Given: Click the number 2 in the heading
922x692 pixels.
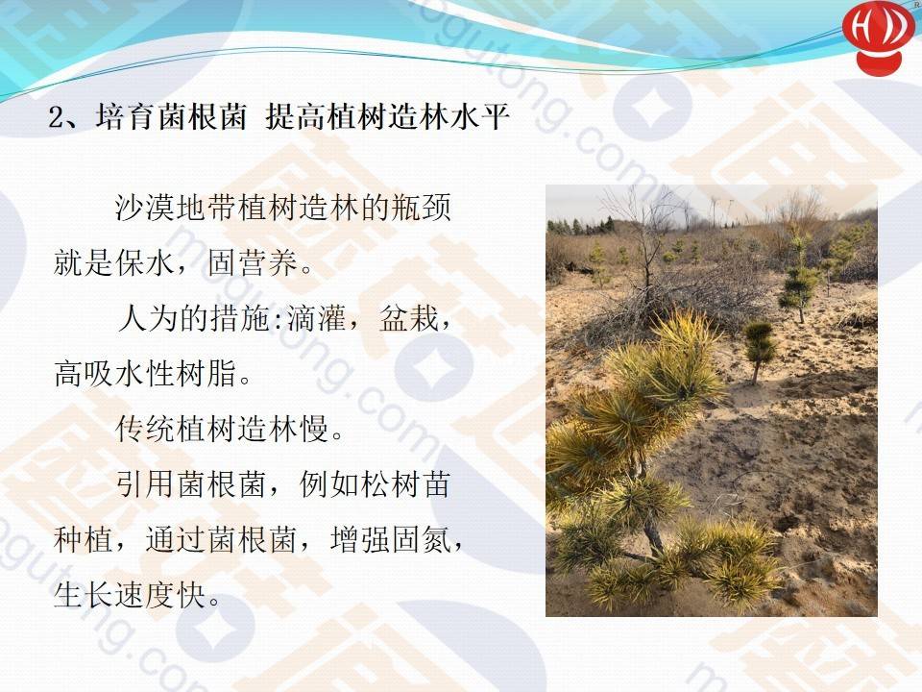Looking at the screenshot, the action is point(57,117).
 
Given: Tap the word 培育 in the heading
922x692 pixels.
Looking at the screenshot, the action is point(125,116).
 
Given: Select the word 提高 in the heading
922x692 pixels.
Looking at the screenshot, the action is point(295,116).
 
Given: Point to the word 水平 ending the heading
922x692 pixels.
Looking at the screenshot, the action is point(480,116).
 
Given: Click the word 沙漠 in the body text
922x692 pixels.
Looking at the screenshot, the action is point(145,208).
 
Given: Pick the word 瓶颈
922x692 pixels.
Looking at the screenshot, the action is point(421,208).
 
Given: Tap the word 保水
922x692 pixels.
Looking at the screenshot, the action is point(145,261).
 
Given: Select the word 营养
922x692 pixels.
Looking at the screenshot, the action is point(269,261).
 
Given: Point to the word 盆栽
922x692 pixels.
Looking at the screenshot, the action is point(410,318).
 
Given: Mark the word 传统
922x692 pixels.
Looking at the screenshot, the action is point(145,429).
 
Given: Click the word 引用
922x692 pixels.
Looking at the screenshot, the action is point(145,483).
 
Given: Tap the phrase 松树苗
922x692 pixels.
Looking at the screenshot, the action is point(405,483).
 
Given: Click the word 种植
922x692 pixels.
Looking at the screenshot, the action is point(83,539).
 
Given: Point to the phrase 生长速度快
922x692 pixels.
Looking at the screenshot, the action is point(130,594).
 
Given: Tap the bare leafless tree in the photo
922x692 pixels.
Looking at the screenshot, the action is point(646,247).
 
